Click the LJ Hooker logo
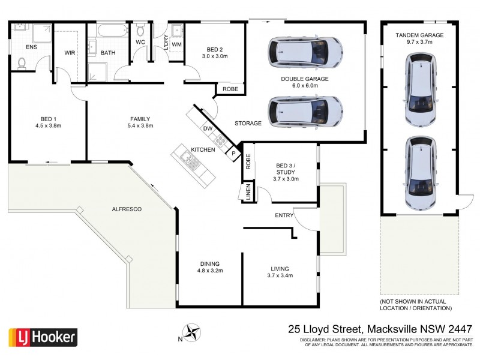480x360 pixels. point(42,337)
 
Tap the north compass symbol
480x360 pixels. point(193,331)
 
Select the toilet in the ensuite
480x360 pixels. point(22,62)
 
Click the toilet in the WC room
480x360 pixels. point(140,30)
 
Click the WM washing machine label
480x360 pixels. point(177,44)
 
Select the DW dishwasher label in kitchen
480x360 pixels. point(208,128)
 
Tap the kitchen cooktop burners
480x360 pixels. point(220,142)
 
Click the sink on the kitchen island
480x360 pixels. point(187,159)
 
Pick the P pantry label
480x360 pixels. point(233,154)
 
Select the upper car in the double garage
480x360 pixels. point(306,52)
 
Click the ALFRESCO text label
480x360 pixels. point(127,209)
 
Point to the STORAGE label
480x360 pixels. point(248,124)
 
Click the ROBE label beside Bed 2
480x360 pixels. point(230,89)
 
